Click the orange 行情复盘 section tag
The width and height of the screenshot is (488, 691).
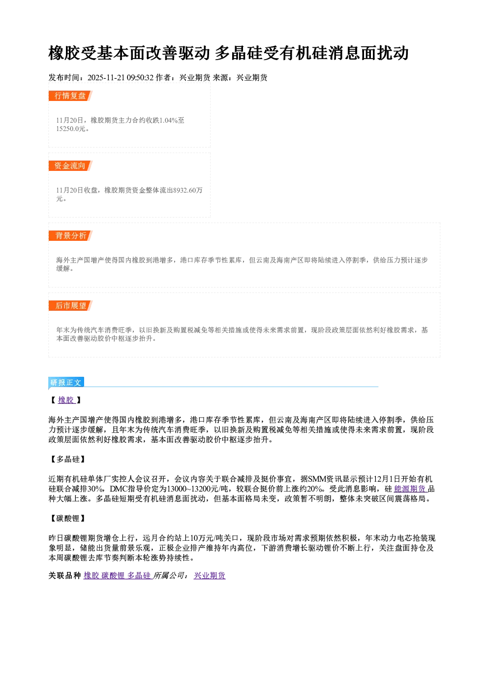tap(70, 96)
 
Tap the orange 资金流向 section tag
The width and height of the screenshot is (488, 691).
tap(70, 165)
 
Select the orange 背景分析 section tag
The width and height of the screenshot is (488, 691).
tap(70, 236)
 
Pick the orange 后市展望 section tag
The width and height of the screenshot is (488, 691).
tap(70, 306)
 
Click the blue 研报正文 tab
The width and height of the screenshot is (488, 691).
tap(66, 383)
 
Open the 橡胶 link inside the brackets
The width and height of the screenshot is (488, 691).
tap(66, 400)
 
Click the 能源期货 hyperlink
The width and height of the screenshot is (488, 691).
tap(411, 489)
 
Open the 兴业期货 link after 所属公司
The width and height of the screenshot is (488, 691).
tap(210, 575)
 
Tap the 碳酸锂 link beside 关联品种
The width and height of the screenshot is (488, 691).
tap(113, 575)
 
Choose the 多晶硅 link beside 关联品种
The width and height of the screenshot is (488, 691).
tap(139, 575)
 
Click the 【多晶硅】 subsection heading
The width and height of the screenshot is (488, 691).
tap(67, 459)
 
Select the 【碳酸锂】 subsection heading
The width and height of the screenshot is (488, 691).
tap(67, 518)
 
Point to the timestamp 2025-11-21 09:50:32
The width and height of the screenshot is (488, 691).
tap(121, 77)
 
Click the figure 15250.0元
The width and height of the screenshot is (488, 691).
tap(70, 129)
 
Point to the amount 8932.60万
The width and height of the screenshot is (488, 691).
tap(188, 190)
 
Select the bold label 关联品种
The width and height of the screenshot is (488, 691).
tap(64, 575)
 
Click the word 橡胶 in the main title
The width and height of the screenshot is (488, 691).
tap(64, 53)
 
